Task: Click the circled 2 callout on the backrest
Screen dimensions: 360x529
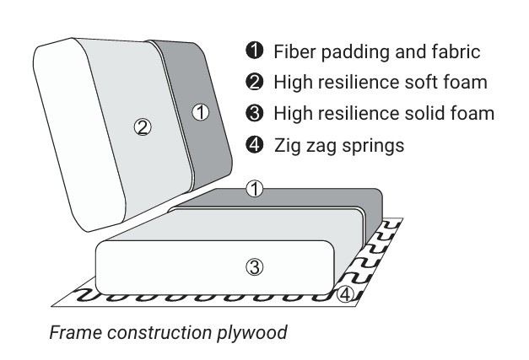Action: click(x=143, y=127)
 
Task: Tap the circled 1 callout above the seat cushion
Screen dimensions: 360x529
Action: click(x=255, y=190)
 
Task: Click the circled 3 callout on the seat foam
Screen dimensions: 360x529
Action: click(x=255, y=267)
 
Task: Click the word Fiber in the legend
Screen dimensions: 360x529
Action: click(x=293, y=52)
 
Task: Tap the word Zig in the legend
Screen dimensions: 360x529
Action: click(x=287, y=145)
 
